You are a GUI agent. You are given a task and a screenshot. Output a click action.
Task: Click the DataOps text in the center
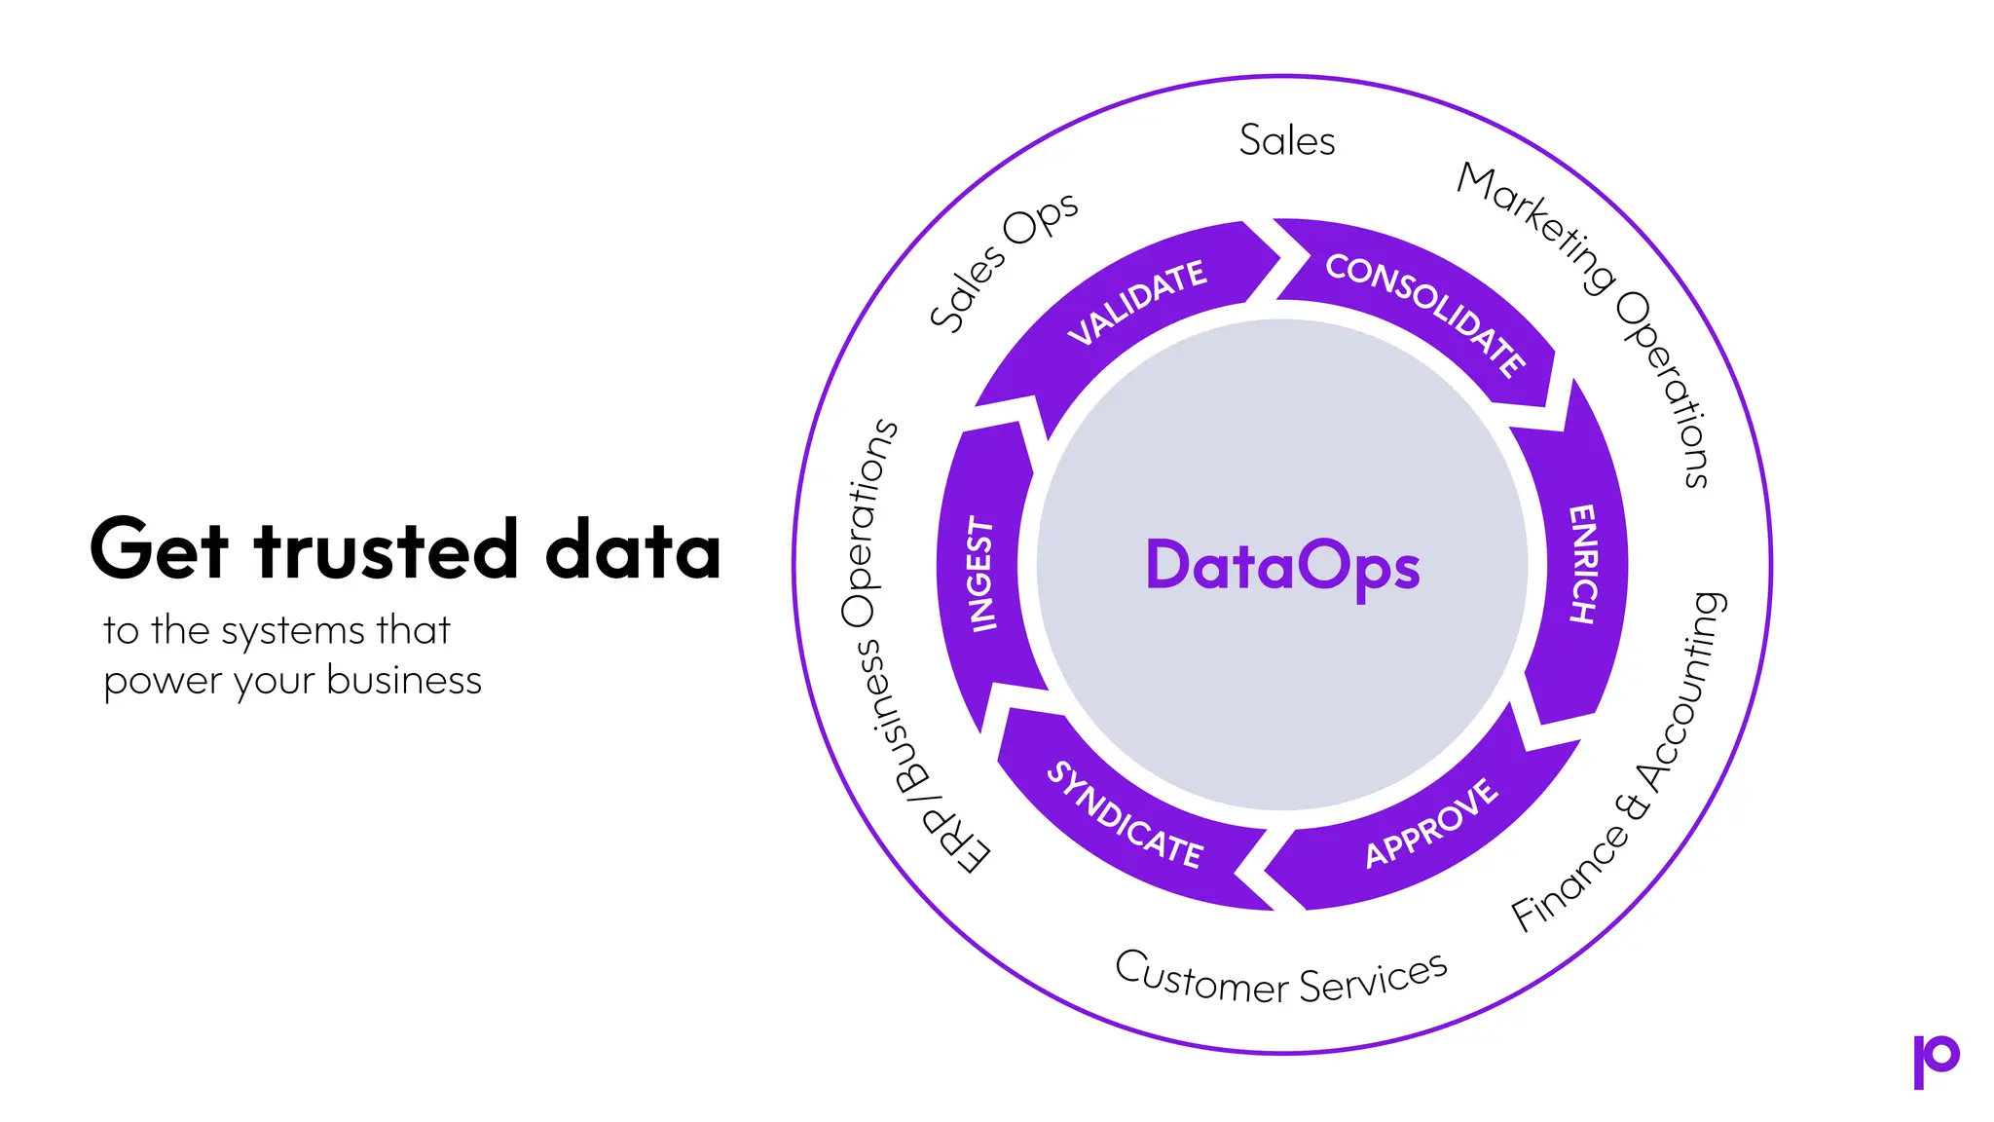(x=1282, y=566)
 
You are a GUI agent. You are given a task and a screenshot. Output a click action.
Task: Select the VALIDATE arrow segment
(x=1137, y=302)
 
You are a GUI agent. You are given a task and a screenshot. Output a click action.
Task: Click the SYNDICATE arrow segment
(x=1126, y=815)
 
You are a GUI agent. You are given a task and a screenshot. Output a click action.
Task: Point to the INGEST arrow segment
(x=981, y=575)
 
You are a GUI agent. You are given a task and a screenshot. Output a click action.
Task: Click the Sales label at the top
(x=1286, y=141)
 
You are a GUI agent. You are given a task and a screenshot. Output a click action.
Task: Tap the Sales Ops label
(x=1003, y=260)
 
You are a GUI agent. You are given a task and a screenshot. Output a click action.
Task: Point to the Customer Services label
(x=1281, y=978)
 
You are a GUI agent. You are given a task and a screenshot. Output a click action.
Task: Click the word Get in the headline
(x=159, y=549)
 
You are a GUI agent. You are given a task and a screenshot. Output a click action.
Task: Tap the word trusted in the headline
(x=386, y=549)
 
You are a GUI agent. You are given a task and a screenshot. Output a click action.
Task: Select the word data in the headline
(x=633, y=549)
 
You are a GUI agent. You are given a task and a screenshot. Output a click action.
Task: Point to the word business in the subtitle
(x=404, y=681)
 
